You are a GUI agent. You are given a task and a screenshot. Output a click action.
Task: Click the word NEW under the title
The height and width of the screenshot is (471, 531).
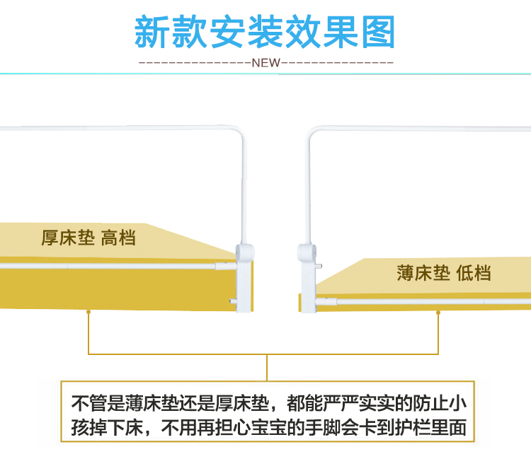click(266, 62)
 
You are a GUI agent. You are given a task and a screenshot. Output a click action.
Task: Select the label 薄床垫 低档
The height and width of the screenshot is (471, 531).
click(443, 272)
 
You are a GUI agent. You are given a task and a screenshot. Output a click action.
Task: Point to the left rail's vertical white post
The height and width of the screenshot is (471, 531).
click(242, 191)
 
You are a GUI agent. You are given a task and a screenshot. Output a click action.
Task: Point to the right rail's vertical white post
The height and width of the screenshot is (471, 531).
click(309, 191)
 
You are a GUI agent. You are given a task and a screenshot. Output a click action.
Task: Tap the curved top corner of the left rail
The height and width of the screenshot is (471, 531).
click(237, 132)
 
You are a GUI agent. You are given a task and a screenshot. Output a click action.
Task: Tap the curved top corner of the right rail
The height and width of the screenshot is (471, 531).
click(314, 132)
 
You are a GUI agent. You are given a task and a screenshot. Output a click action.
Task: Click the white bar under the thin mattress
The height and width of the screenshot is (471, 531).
click(425, 301)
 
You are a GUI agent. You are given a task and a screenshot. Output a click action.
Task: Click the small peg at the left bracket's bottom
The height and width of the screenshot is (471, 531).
click(233, 302)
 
